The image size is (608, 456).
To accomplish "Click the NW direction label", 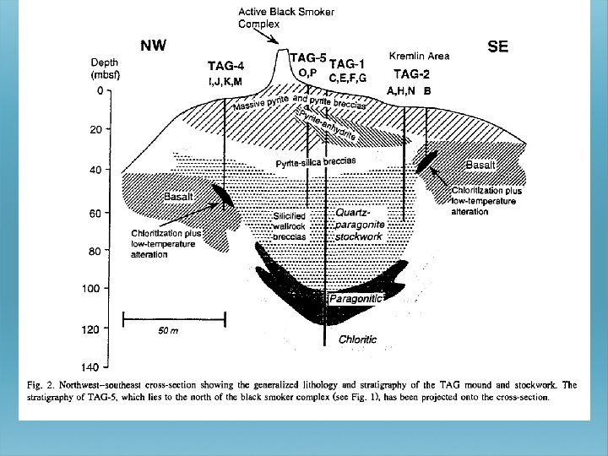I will tap(153, 46).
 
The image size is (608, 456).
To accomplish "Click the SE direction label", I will tap(498, 47).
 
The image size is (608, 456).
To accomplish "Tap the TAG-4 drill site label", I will tap(226, 66).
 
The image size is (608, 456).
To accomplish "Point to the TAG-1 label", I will tap(347, 63).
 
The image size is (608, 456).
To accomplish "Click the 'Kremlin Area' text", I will tap(419, 56).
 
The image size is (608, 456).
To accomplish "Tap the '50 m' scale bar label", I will tap(168, 331).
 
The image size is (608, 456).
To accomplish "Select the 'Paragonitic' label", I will tap(356, 299).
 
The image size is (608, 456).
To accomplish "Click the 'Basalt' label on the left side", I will tap(177, 196).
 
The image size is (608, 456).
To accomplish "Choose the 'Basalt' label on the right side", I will tap(480, 164).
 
